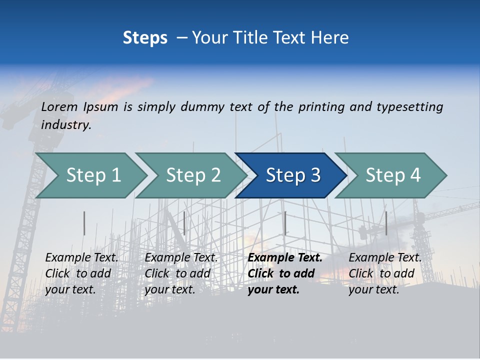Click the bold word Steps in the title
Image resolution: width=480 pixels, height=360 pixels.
click(x=145, y=38)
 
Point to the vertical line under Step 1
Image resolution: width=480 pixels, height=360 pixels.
click(x=84, y=223)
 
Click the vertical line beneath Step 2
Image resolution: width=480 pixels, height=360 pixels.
click(x=184, y=223)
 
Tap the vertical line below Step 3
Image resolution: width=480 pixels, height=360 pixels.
click(x=285, y=223)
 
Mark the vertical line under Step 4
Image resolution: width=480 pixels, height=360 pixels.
click(x=386, y=223)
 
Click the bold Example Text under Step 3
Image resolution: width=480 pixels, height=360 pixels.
click(x=285, y=257)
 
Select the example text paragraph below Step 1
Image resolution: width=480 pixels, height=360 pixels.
click(x=81, y=273)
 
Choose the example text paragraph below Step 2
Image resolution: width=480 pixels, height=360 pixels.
click(x=181, y=273)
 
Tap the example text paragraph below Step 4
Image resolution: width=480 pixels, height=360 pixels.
click(x=385, y=273)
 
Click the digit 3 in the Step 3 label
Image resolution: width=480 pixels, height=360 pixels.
click(x=315, y=175)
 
